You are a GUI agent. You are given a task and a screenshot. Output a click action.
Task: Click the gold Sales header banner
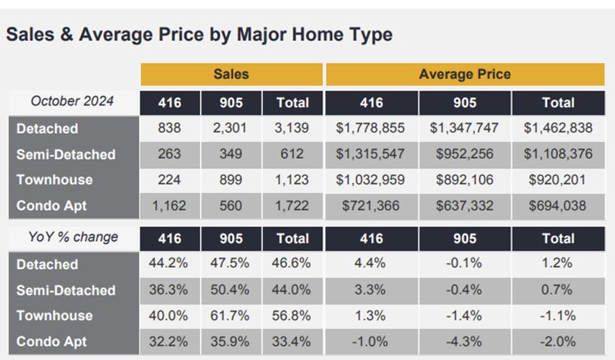[x=231, y=74]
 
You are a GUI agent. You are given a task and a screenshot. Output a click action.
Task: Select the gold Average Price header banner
[x=464, y=74]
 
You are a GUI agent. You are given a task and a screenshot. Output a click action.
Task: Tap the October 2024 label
[x=72, y=101]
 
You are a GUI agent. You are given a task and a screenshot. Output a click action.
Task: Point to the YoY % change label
[x=72, y=237]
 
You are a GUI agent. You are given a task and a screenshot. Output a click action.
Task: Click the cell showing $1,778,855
[x=371, y=128]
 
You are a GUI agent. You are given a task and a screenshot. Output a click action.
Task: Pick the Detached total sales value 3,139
[x=292, y=128]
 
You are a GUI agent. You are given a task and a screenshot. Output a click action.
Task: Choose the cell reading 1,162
[x=169, y=205]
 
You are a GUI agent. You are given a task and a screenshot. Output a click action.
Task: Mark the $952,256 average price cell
[x=464, y=154]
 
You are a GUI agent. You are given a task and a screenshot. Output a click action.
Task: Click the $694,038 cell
[x=557, y=205]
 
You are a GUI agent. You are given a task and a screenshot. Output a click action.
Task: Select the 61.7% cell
[x=230, y=316]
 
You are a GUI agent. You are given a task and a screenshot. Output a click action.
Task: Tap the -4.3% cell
[x=464, y=341]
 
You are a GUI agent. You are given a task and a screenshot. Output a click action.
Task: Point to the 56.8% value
[x=292, y=316]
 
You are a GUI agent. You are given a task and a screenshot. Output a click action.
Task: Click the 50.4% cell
[x=230, y=290]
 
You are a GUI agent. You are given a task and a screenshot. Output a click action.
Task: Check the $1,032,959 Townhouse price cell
[x=371, y=180]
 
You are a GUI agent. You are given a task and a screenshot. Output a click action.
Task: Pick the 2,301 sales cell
[x=230, y=128]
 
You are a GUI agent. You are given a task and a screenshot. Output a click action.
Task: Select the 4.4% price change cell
[x=371, y=264]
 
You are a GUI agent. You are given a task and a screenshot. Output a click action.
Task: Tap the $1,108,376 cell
[x=557, y=154]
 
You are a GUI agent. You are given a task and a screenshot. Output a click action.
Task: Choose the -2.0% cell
[x=557, y=341]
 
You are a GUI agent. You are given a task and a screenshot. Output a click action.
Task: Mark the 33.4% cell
[x=292, y=341]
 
